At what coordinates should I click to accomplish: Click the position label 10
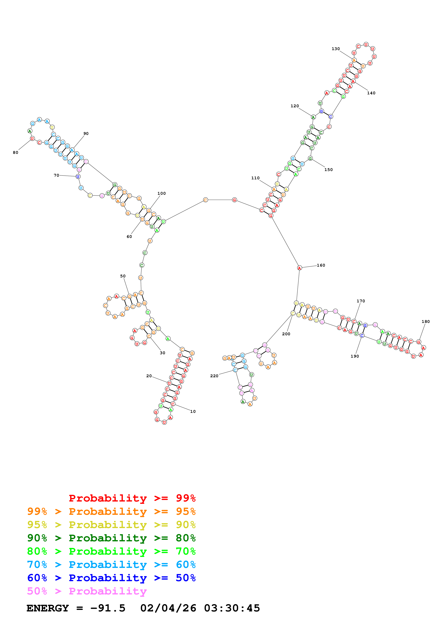(193, 412)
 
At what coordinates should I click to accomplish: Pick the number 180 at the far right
(426, 322)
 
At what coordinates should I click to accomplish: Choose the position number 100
(162, 193)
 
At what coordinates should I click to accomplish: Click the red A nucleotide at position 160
(299, 268)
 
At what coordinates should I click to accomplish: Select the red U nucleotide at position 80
(32, 138)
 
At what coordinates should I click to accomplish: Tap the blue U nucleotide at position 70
(78, 177)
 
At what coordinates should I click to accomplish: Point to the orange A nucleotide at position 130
(354, 60)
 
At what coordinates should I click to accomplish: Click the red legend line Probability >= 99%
(132, 498)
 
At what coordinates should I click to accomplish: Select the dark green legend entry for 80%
(111, 538)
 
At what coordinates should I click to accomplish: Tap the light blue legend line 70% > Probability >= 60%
(111, 565)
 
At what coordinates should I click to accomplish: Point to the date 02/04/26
(168, 608)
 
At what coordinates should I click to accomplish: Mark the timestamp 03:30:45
(232, 608)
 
